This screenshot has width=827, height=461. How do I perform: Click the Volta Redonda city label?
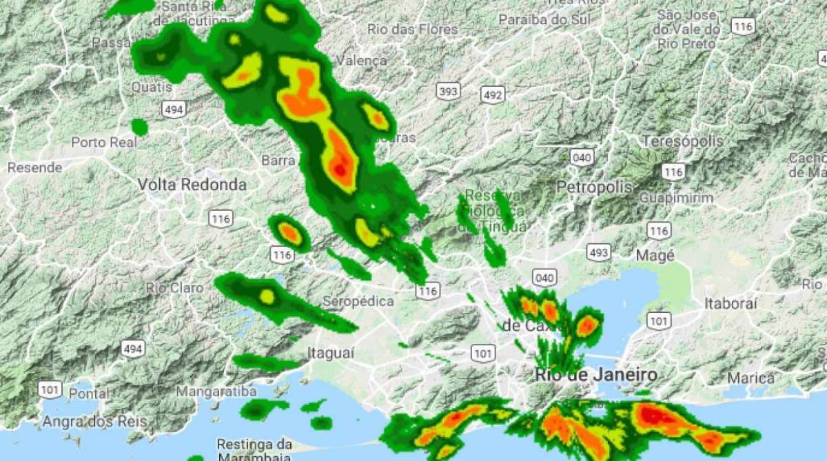point(192,185)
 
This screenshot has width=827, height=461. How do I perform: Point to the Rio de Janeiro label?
point(596,376)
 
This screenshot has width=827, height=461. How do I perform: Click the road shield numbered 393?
point(448,91)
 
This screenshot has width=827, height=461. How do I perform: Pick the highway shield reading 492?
point(493,95)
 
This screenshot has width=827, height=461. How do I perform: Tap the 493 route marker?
point(598,252)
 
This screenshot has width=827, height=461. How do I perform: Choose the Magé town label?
point(655,256)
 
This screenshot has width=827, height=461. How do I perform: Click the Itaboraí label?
point(731,303)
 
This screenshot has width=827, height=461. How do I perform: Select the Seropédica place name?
point(358,301)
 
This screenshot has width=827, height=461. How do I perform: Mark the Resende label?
point(34,167)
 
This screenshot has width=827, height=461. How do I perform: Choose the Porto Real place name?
point(103,143)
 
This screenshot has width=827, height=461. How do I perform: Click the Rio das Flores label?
point(413,30)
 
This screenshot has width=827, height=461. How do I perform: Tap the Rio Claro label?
point(175,287)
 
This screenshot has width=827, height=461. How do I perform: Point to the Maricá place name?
point(751,378)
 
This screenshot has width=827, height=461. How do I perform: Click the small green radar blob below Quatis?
point(139,127)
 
